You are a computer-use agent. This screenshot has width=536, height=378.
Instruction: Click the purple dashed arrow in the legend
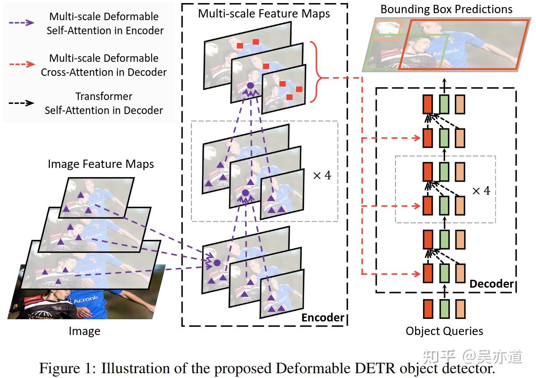(x=22, y=22)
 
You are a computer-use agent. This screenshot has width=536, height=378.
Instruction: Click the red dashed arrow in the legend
(x=22, y=64)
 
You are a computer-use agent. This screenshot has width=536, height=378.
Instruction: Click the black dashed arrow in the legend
(x=22, y=103)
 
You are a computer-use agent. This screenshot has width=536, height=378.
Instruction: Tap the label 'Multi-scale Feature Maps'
(x=264, y=13)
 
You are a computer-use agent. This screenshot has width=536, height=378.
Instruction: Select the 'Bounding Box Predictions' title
(x=446, y=9)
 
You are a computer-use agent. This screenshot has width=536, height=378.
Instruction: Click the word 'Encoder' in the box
(x=323, y=317)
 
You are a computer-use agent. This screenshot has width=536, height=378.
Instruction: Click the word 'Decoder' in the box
(x=491, y=284)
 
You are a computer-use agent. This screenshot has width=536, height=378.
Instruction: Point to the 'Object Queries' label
(x=444, y=331)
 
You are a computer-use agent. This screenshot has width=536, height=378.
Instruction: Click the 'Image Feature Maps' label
(x=101, y=164)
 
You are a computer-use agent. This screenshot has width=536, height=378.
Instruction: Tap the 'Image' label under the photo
(x=85, y=332)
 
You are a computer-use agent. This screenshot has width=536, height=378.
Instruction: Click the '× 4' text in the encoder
(x=322, y=176)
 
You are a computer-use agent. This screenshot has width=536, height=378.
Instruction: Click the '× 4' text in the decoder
(x=480, y=191)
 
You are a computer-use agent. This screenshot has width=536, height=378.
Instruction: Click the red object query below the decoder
(x=428, y=309)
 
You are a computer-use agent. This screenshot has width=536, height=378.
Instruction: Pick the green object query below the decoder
(x=444, y=309)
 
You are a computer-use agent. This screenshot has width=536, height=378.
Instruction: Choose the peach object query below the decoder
(x=460, y=309)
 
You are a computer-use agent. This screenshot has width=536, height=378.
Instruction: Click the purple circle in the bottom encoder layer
(x=216, y=263)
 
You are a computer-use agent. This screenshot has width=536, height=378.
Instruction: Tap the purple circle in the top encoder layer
(x=250, y=86)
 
